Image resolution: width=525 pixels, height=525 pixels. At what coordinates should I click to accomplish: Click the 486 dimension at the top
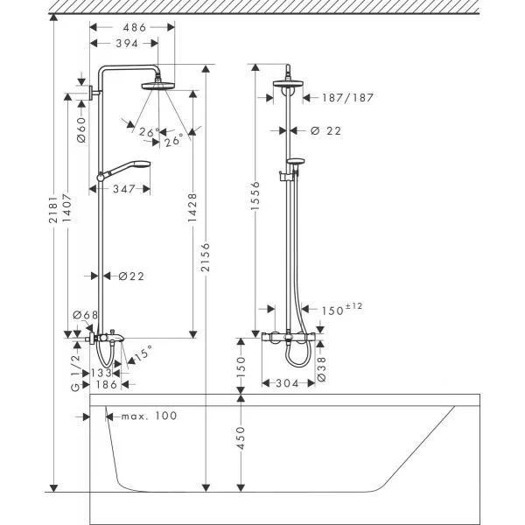click(x=123, y=27)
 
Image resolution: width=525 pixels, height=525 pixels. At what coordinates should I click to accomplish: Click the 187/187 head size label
click(x=347, y=98)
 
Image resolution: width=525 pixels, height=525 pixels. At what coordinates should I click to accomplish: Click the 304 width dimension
click(x=292, y=383)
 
